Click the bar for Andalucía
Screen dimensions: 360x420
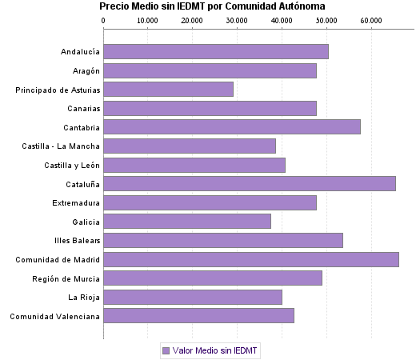click(x=216, y=52)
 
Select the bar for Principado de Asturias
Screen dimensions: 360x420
click(x=168, y=90)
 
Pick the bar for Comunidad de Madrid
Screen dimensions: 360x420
click(x=251, y=259)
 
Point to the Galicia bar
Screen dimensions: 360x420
click(x=187, y=222)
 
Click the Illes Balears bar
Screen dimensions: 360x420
click(x=223, y=241)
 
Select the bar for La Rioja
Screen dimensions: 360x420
click(x=193, y=298)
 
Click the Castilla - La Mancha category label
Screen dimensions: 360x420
click(x=61, y=146)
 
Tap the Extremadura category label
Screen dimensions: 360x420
click(x=76, y=203)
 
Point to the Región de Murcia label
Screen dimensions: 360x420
click(x=66, y=278)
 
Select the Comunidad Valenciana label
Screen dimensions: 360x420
click(x=54, y=316)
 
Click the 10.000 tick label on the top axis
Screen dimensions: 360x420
click(x=148, y=21)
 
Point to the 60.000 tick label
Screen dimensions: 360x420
click(x=371, y=21)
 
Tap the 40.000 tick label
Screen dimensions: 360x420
click(x=282, y=21)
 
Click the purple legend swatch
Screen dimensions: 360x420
click(x=166, y=350)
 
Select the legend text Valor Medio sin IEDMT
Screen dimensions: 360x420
click(x=216, y=350)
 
